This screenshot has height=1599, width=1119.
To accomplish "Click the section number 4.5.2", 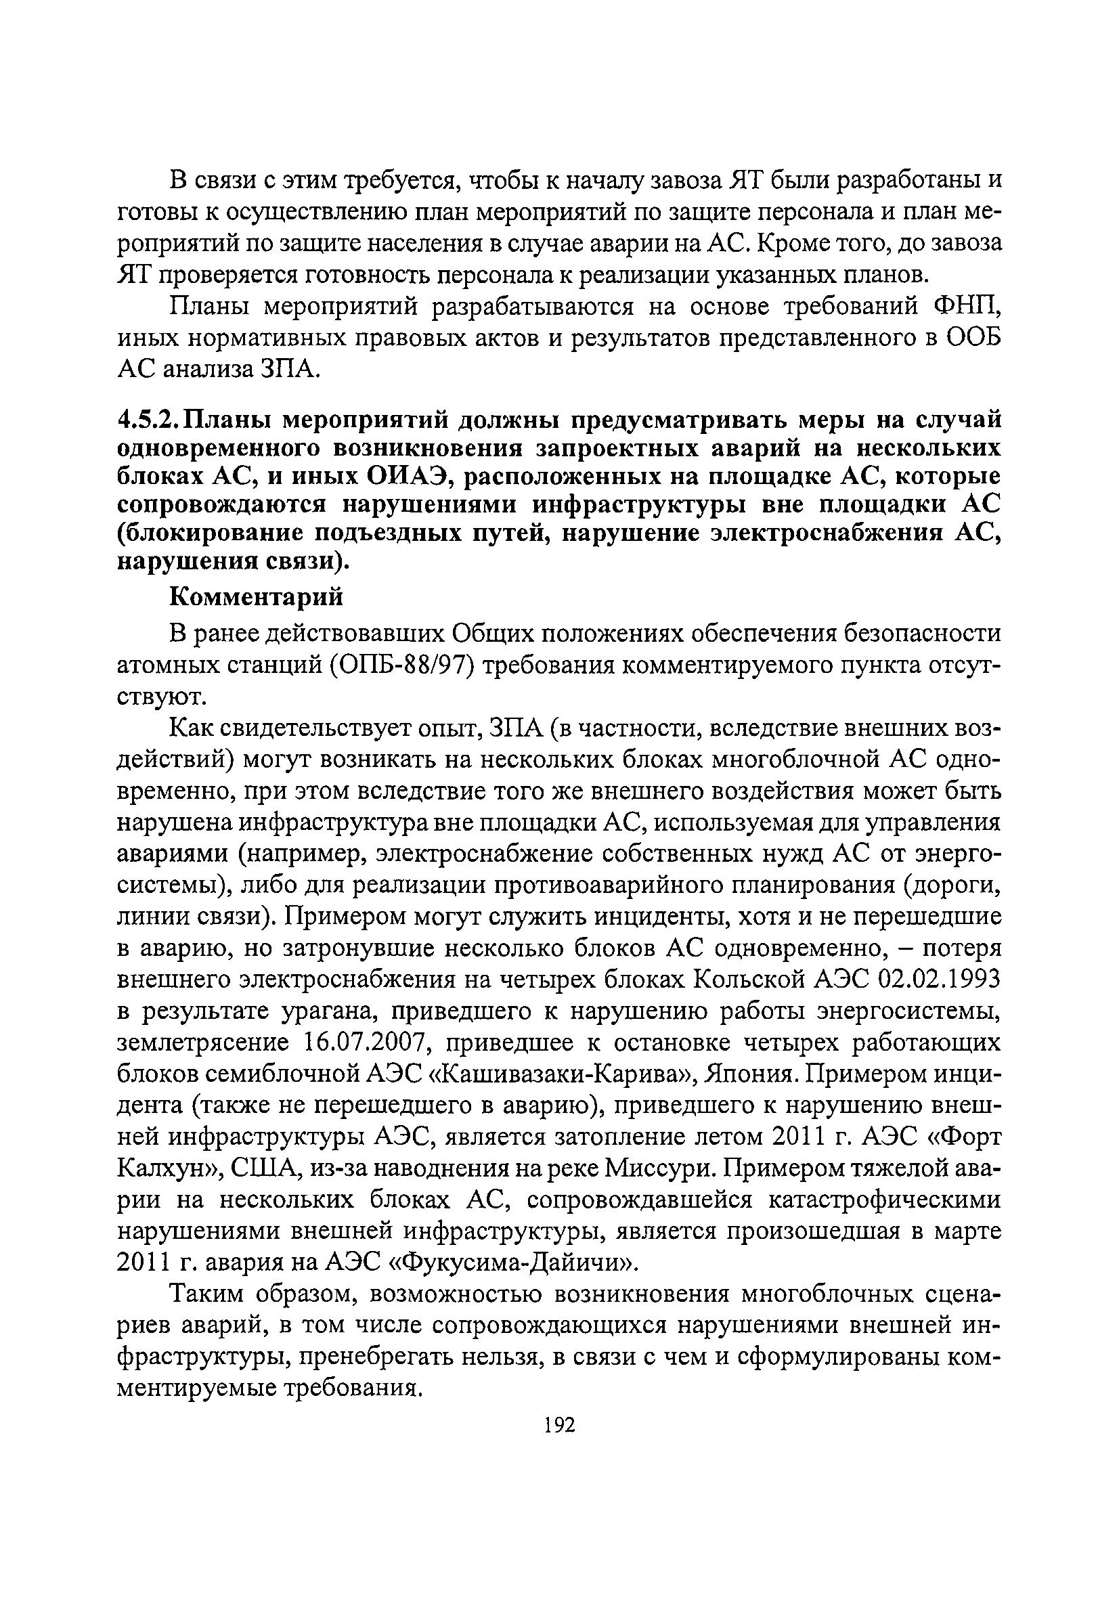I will pyautogui.click(x=148, y=420).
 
